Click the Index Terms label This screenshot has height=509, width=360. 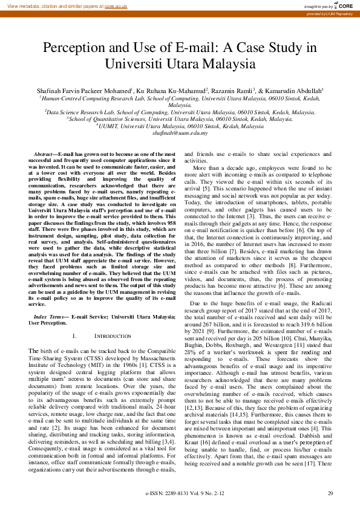click(50, 316)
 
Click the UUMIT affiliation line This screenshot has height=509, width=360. click(182, 126)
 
